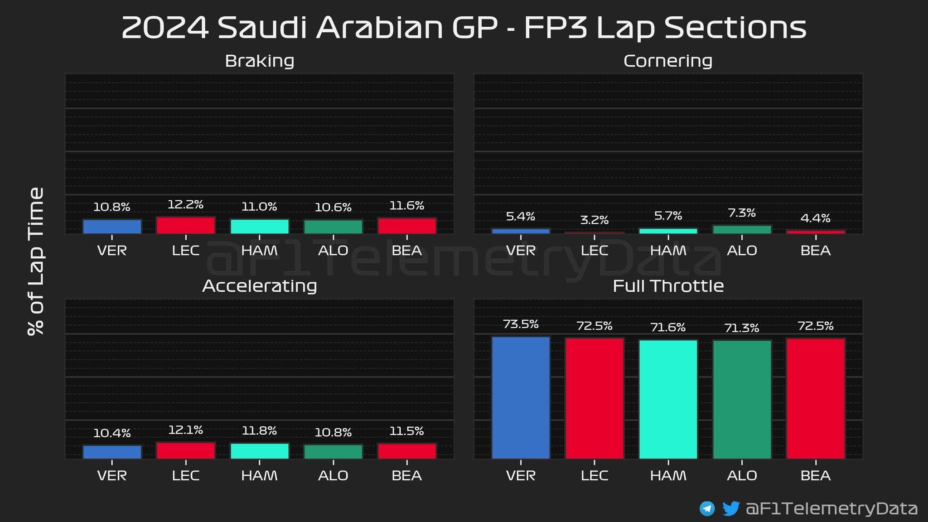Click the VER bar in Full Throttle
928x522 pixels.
coord(521,397)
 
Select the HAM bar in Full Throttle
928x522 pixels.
coord(668,399)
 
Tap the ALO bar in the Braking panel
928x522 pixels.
coord(333,227)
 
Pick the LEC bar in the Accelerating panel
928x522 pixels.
coord(186,450)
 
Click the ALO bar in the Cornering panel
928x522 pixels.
coord(742,229)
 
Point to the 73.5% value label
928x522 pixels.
coord(521,324)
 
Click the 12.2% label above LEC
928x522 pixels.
coord(186,205)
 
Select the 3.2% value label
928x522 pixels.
coord(594,220)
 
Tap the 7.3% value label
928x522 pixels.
coord(742,213)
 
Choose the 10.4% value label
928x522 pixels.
coord(112,433)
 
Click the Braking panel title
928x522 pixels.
coord(260,61)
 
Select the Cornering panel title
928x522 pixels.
coord(668,61)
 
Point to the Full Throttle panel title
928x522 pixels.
coord(668,286)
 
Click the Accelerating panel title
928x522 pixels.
coord(260,286)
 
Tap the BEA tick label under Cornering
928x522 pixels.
coord(816,251)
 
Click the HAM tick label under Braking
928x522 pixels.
coord(260,251)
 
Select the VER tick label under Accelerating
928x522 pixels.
coord(112,476)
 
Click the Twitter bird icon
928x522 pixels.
coord(730,508)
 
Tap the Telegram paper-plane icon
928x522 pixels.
coord(707,508)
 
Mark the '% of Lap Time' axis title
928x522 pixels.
coord(36,261)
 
